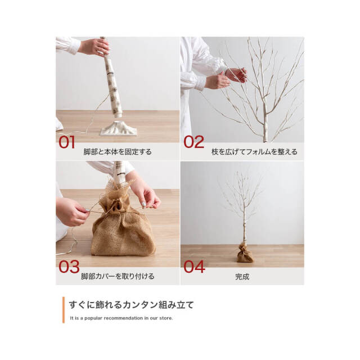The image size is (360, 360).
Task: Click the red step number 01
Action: (x=66, y=142)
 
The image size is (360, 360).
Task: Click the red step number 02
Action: (x=193, y=142)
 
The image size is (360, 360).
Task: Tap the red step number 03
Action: (x=69, y=267)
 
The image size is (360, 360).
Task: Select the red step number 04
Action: (x=194, y=267)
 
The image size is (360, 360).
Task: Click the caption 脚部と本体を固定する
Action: (x=118, y=152)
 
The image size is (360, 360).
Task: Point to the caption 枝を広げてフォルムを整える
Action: (x=254, y=152)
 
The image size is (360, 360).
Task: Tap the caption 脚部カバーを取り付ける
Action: (x=118, y=276)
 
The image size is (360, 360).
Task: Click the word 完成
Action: (x=242, y=277)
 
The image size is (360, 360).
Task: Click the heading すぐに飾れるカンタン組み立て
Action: (x=132, y=305)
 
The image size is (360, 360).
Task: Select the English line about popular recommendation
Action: (x=121, y=318)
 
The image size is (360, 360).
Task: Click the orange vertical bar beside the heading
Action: (x=64, y=310)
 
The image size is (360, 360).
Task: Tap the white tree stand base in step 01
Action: (x=119, y=128)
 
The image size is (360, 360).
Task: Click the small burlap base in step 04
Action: (x=245, y=253)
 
